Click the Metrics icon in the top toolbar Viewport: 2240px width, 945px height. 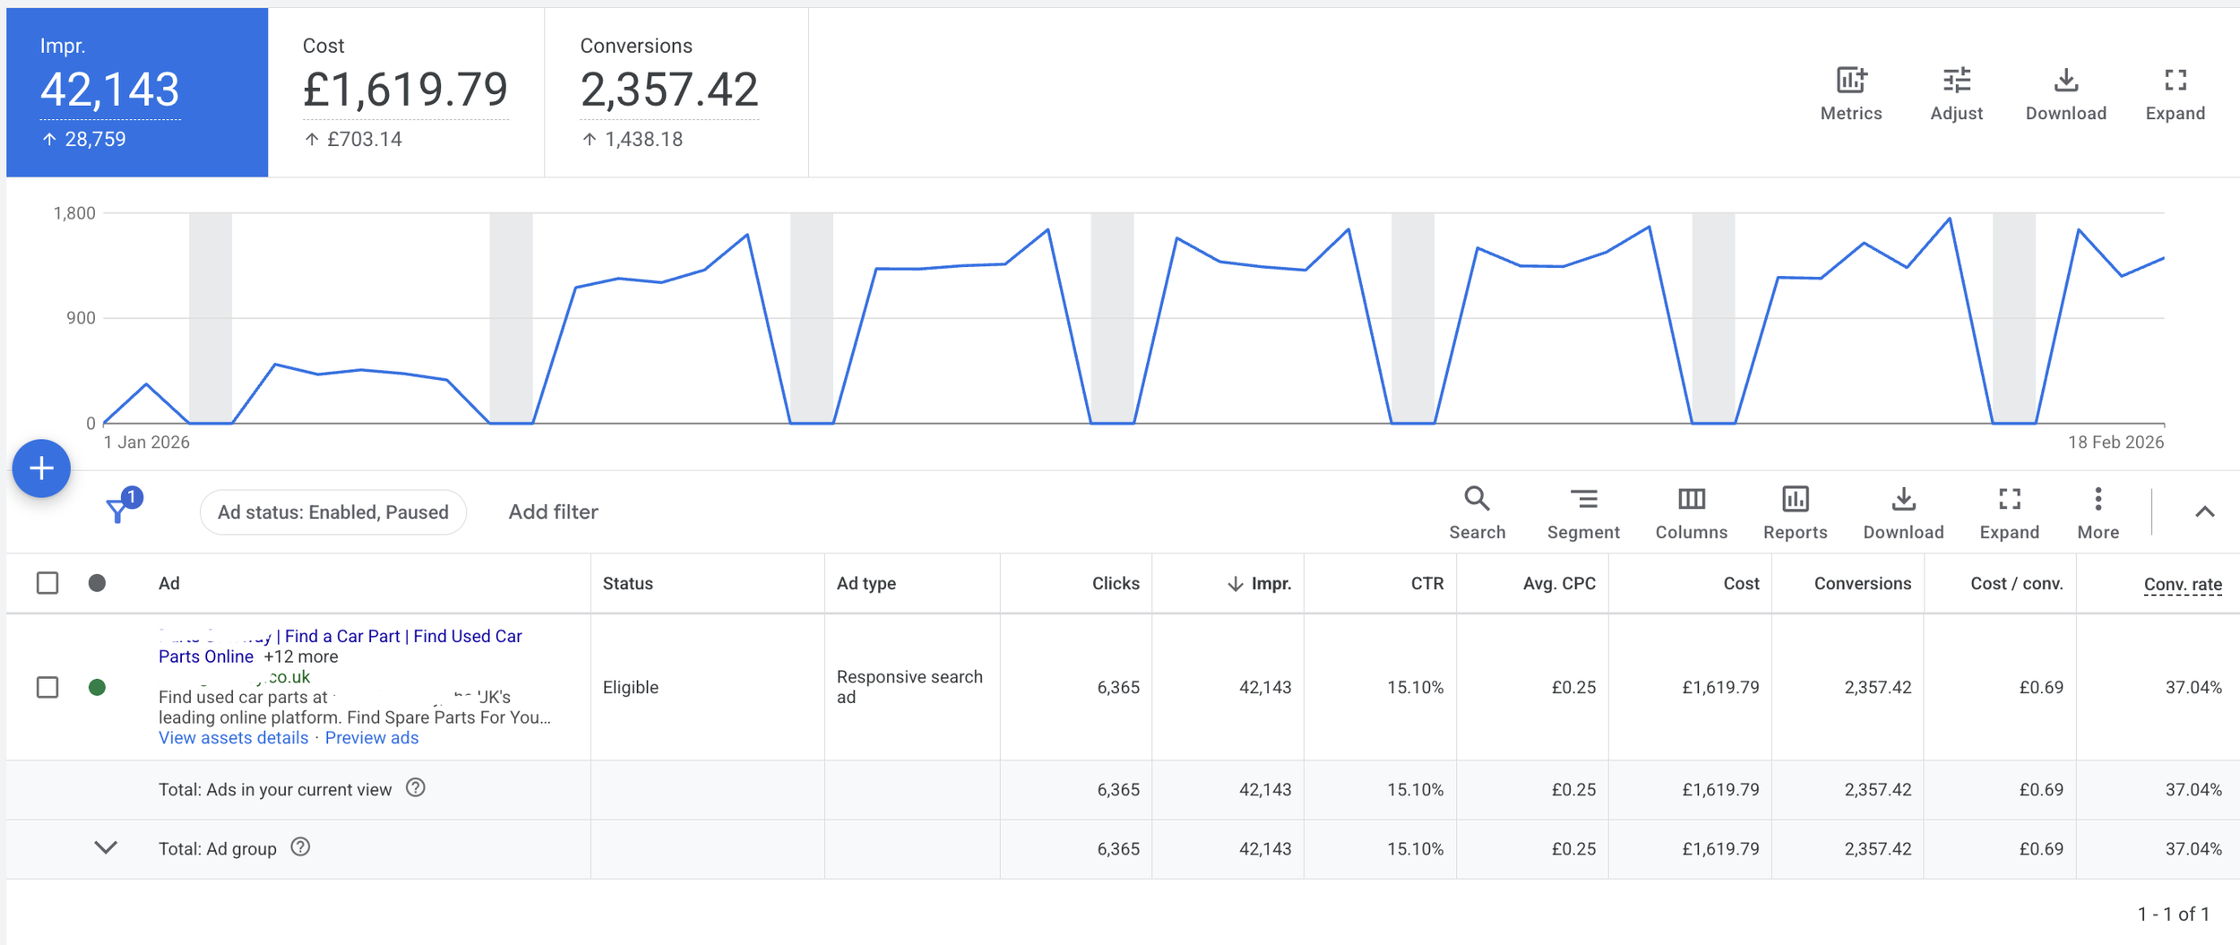[x=1851, y=82]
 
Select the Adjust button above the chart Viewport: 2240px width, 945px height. [x=1956, y=82]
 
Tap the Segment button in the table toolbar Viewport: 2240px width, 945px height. [x=1583, y=500]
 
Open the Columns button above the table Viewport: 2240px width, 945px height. [x=1691, y=500]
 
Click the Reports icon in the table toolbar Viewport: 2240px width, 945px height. [x=1795, y=500]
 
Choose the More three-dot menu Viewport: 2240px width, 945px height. [x=2098, y=500]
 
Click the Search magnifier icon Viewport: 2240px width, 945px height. [x=1477, y=500]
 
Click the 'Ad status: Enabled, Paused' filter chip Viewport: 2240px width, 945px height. [x=332, y=512]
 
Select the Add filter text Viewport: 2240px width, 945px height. [x=553, y=512]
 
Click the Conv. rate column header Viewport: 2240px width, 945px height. [x=2182, y=585]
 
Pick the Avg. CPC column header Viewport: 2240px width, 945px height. [x=1559, y=584]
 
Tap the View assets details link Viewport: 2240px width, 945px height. [x=233, y=738]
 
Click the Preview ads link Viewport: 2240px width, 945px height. [x=371, y=738]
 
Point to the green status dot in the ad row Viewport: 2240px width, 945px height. [x=97, y=688]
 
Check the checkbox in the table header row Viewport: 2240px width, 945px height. [x=47, y=584]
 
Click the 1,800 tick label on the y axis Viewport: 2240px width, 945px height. [x=74, y=213]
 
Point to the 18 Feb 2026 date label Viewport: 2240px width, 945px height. [x=2115, y=442]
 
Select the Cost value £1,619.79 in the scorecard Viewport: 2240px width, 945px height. [x=405, y=90]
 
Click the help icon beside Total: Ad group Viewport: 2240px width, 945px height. [x=301, y=847]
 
